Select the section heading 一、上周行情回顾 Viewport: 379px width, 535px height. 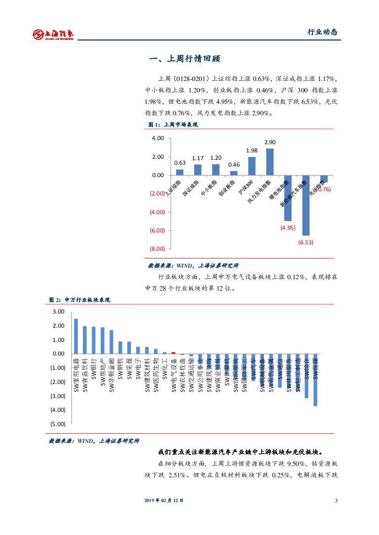click(x=185, y=59)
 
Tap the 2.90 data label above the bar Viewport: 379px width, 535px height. click(x=270, y=142)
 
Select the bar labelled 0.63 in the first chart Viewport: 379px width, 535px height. click(x=180, y=172)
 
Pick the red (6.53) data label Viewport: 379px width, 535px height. click(x=306, y=242)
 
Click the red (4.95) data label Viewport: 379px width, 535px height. click(x=288, y=227)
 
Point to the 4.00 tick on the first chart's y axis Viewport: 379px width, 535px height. click(x=158, y=138)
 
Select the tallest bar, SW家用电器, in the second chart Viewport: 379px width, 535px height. click(x=76, y=336)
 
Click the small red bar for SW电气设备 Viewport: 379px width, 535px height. click(x=173, y=353)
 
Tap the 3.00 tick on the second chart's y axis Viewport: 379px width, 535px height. click(x=59, y=312)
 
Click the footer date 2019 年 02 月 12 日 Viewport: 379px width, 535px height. click(x=164, y=500)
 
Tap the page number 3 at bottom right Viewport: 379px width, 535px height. click(x=336, y=500)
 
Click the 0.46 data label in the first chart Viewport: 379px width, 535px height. click(x=234, y=165)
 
